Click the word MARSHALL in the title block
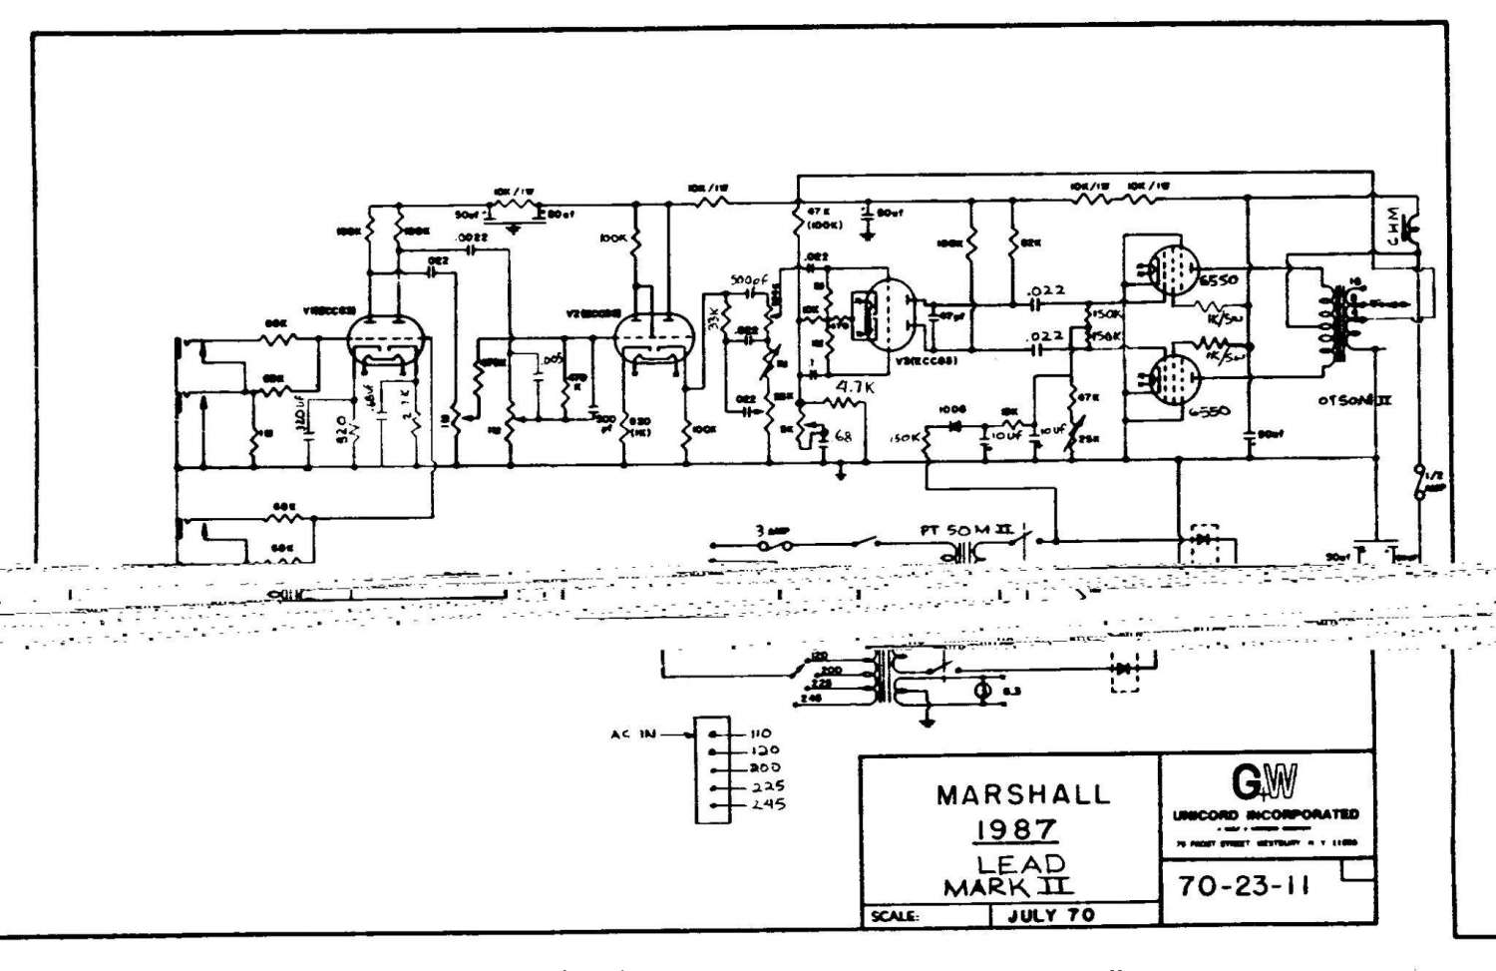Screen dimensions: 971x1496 pos(1022,795)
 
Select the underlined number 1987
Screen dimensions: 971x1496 pos(1015,829)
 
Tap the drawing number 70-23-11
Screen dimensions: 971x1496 pos(1243,885)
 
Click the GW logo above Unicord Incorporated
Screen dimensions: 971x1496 pos(1265,782)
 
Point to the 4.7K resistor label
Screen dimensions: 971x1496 pos(855,386)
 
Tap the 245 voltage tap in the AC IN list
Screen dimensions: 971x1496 pos(767,803)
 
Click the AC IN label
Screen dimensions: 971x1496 pos(633,734)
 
